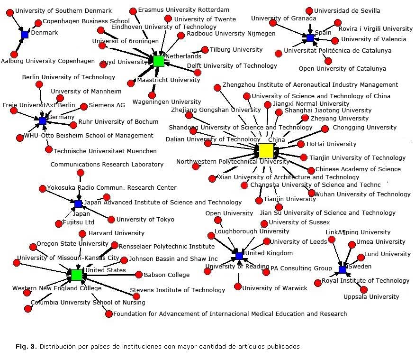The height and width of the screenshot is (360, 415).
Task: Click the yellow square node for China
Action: pos(266,151)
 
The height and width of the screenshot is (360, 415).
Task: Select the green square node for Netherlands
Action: pos(159,61)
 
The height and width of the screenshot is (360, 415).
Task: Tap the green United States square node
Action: pos(77,275)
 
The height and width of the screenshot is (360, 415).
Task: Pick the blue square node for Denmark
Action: pos(25,35)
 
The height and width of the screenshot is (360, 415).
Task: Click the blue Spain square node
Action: pos(310,38)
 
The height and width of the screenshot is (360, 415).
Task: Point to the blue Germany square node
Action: pos(43,121)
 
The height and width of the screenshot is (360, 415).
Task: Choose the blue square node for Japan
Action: pos(78,204)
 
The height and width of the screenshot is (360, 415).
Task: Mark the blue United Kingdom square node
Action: pos(239,256)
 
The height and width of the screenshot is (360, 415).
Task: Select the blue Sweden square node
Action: pos(343,270)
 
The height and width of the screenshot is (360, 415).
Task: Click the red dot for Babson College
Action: pos(139,275)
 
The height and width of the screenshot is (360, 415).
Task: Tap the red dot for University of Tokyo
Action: pos(111,219)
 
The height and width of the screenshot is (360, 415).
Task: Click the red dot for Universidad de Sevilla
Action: pos(309,11)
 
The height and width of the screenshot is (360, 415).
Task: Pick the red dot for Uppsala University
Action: pos(364,289)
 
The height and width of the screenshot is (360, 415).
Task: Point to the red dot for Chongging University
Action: pos(325,129)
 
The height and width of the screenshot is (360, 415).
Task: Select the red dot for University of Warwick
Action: pos(238,287)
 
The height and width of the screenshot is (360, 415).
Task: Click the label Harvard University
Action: pos(116,233)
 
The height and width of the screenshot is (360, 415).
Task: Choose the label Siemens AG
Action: pos(107,105)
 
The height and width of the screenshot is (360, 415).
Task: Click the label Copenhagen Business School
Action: pos(86,21)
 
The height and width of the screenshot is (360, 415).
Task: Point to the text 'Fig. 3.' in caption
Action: pos(26,346)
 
